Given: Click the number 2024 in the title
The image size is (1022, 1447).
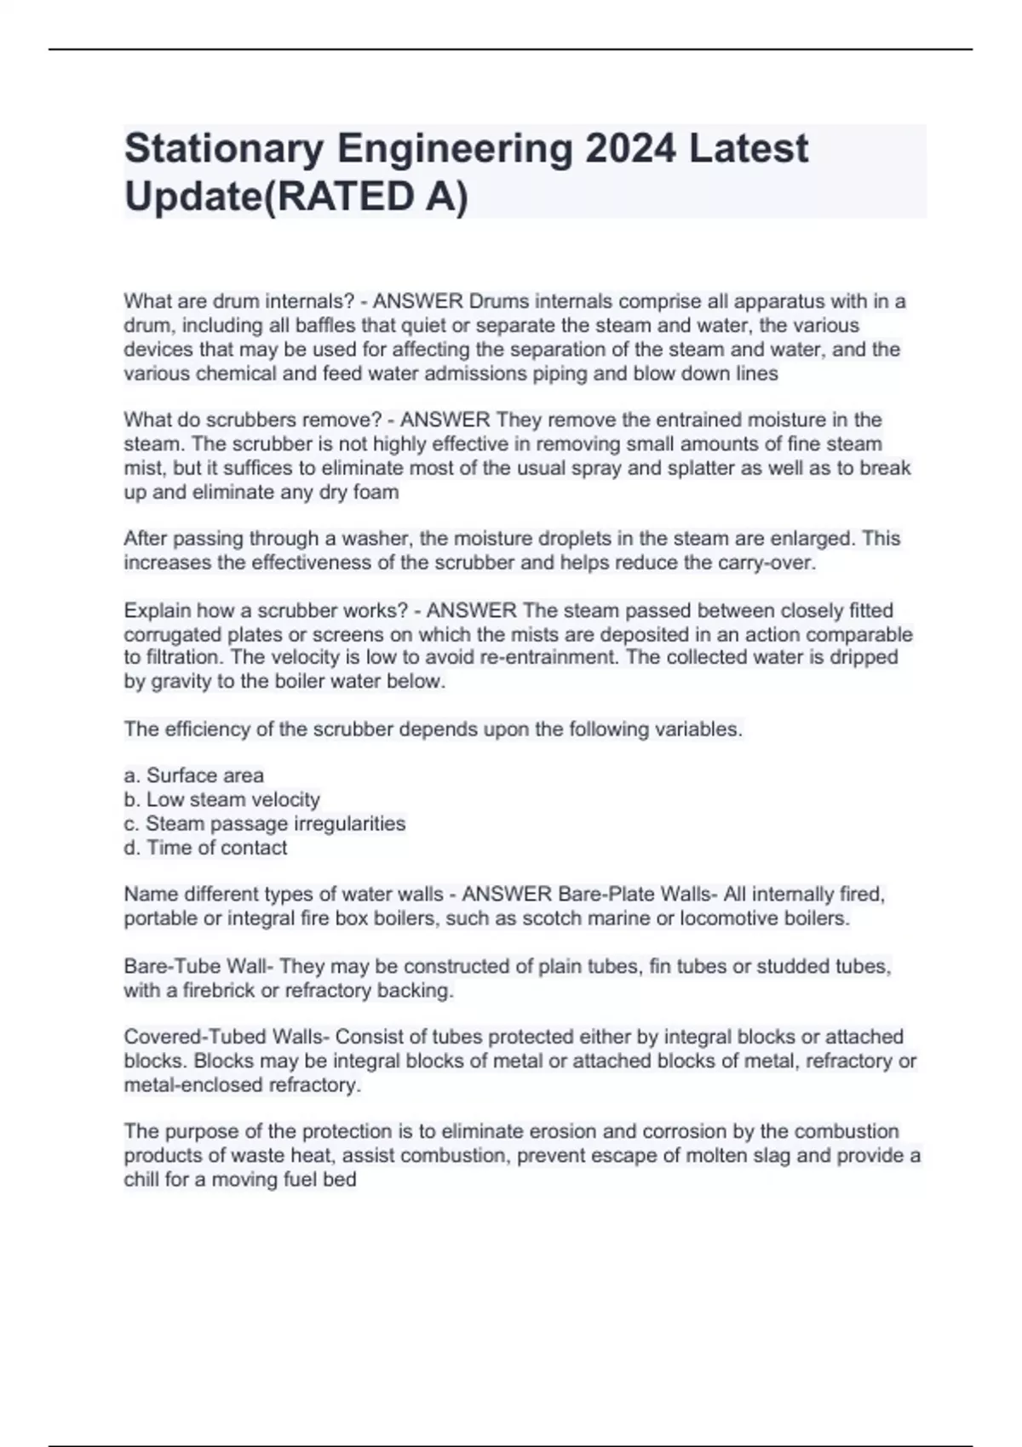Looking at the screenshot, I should pyautogui.click(x=630, y=149).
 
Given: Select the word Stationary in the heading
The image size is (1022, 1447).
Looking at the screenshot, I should pyautogui.click(x=224, y=149).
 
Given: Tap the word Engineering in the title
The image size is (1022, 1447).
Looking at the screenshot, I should pyautogui.click(x=455, y=149).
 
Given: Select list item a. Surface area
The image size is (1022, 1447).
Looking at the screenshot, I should pyautogui.click(x=194, y=775).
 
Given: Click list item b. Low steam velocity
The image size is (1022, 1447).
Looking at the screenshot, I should pyautogui.click(x=222, y=799).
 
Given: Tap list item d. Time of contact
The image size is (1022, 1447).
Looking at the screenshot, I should pyautogui.click(x=206, y=848).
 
